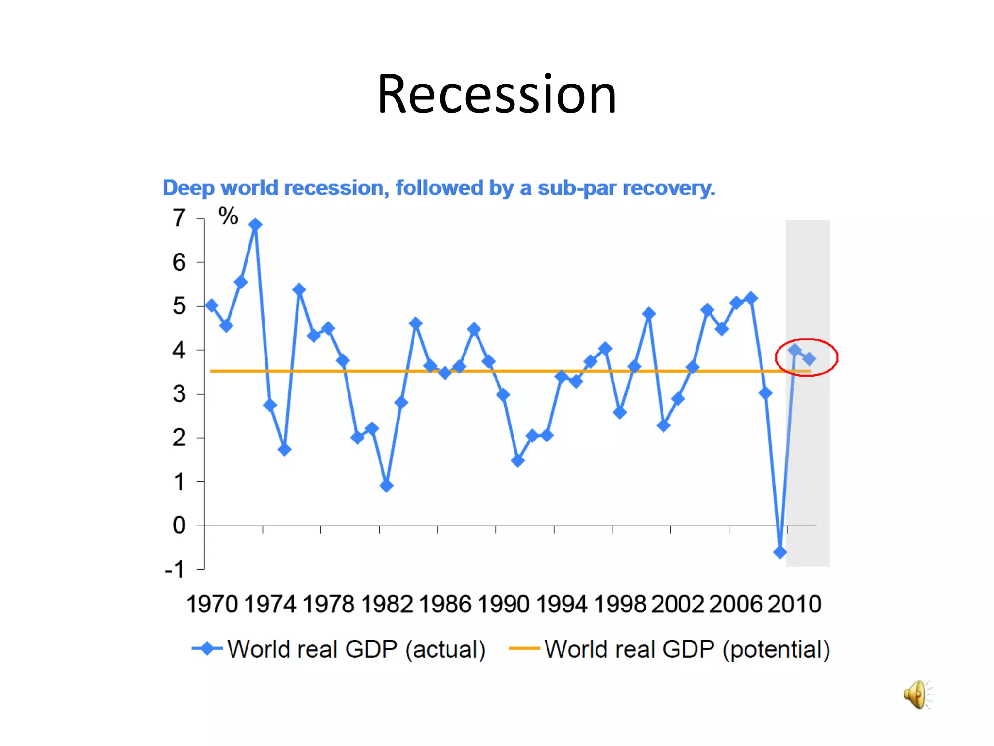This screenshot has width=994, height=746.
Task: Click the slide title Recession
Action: (x=497, y=94)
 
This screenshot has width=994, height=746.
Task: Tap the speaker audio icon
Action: (x=916, y=695)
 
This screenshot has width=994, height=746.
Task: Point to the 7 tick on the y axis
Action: (x=179, y=218)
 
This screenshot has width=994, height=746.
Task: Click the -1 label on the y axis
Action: (x=175, y=570)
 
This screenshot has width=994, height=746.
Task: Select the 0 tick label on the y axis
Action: (x=179, y=526)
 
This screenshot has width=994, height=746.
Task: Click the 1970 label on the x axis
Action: (x=212, y=605)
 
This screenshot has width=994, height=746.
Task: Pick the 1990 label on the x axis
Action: (x=503, y=605)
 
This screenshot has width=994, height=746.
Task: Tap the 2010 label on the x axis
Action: (x=794, y=605)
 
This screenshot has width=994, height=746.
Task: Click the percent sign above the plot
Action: (x=228, y=216)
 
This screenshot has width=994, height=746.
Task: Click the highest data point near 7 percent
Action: (x=255, y=224)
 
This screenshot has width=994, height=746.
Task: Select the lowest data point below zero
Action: (x=779, y=552)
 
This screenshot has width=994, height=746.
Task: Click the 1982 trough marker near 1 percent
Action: (x=386, y=485)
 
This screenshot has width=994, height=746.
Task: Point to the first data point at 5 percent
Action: (x=212, y=305)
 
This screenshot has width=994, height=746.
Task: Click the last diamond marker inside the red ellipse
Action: (x=809, y=359)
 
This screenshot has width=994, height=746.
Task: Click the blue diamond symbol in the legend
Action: (x=208, y=649)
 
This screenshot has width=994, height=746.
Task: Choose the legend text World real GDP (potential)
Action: (x=687, y=649)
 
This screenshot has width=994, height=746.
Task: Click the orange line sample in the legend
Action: (x=524, y=649)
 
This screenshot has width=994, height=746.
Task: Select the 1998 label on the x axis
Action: (x=619, y=605)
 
